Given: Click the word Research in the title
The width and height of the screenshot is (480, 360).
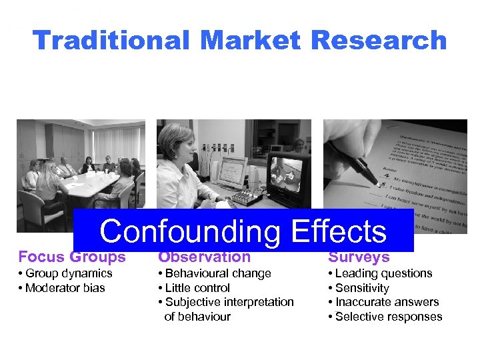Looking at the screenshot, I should (378, 41).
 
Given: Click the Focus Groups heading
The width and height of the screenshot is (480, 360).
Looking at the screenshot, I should (72, 257).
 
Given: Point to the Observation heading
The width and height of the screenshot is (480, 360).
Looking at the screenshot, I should (204, 257).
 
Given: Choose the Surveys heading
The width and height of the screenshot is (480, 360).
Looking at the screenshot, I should (359, 257).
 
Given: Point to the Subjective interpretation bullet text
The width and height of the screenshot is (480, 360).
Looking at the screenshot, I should (229, 302).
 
